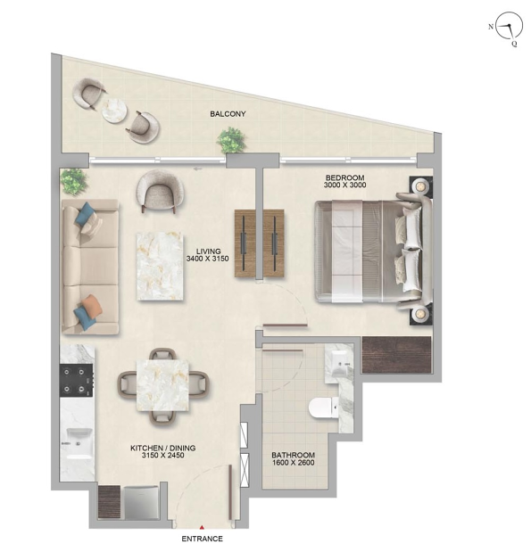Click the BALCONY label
point(228,114)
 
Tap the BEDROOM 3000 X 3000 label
point(345,181)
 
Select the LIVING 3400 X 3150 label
point(208,255)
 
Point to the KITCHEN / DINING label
point(162,449)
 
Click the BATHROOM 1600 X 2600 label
point(293,458)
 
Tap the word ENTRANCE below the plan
point(203,539)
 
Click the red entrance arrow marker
point(202,527)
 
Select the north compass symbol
point(509,26)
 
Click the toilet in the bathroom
point(323,408)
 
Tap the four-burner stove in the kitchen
point(77,381)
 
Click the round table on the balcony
point(114,111)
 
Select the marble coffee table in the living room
point(160,266)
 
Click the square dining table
point(162,385)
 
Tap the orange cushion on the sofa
point(92,306)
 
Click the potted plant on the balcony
point(231,140)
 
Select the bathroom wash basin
point(339,363)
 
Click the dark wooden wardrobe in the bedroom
point(397,355)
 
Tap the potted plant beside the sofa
point(74,181)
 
